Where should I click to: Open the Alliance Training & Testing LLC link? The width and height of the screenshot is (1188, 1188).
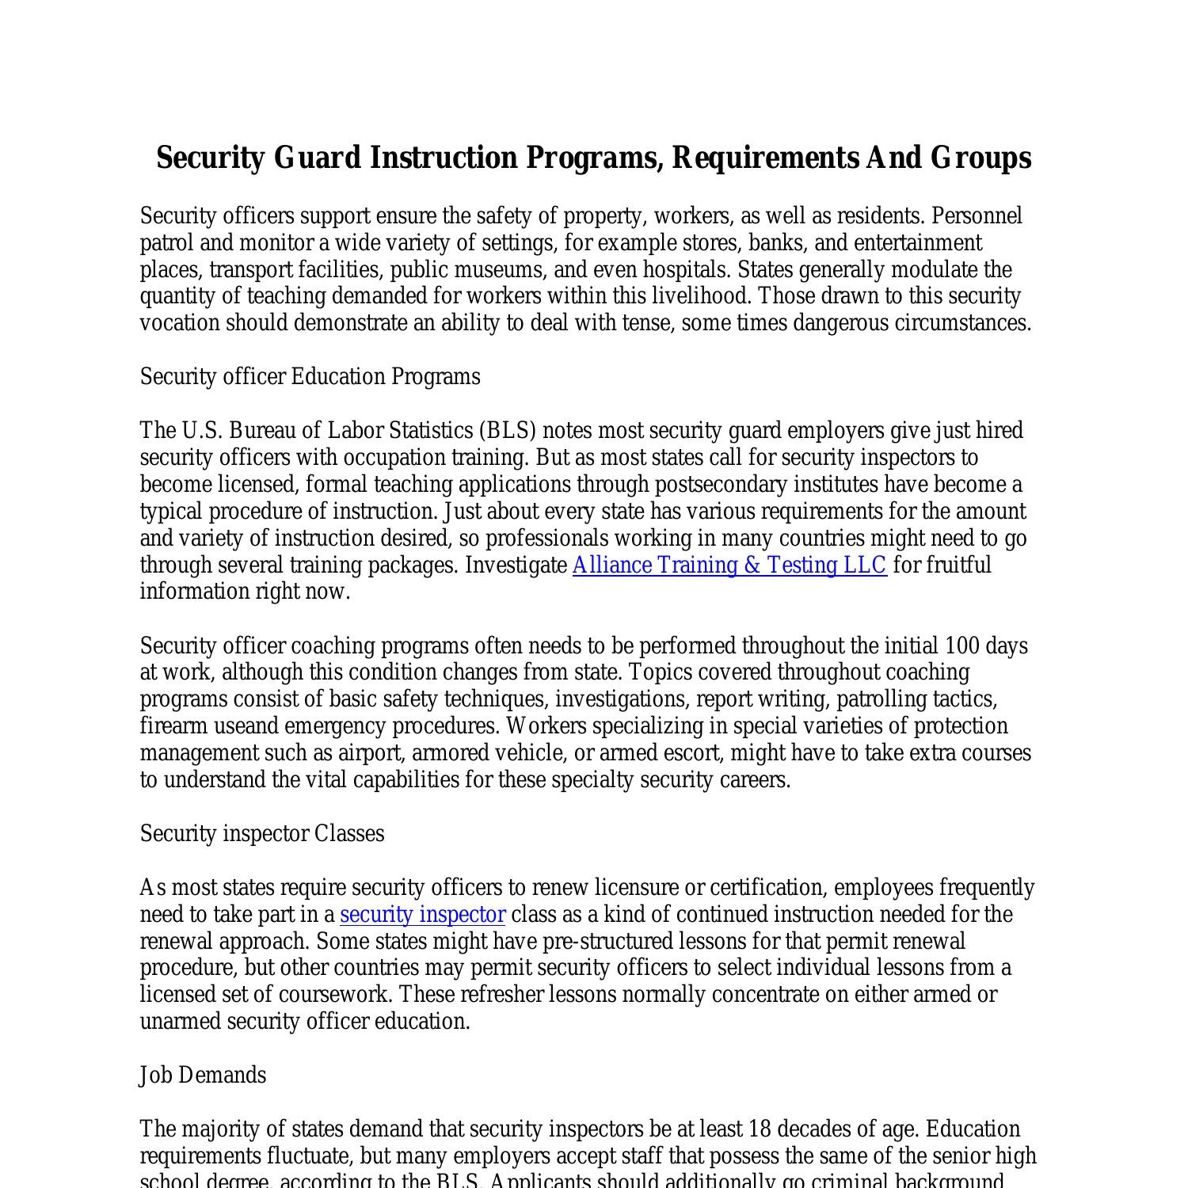coord(729,565)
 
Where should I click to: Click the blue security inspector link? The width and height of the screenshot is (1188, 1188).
coord(422,915)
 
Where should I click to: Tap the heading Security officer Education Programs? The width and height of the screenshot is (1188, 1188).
coord(310,376)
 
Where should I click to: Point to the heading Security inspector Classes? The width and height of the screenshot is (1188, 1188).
coord(262,834)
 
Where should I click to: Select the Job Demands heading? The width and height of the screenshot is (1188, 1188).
coord(203,1076)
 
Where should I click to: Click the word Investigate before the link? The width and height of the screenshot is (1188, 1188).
coord(516,565)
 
